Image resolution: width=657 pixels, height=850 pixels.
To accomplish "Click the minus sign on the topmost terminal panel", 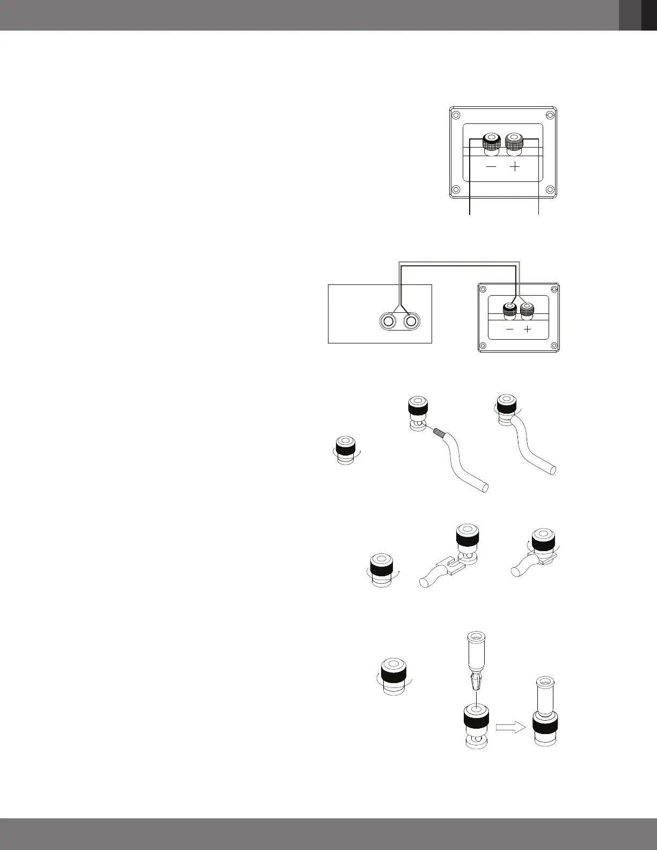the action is (491, 167).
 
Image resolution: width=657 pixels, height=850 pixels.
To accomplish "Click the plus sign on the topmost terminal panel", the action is (514, 167).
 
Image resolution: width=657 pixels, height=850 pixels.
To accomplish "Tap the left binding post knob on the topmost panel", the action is (491, 142).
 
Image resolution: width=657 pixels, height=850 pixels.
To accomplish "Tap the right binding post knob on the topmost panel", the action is (514, 142).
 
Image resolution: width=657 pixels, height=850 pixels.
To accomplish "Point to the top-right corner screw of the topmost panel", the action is (549, 115).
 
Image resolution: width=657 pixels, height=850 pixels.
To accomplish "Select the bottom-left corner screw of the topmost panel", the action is (456, 189).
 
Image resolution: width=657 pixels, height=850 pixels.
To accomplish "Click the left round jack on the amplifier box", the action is (388, 321).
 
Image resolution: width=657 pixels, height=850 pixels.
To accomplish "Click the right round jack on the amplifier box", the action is (412, 321).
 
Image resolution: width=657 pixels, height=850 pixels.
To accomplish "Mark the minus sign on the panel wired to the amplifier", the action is (509, 329).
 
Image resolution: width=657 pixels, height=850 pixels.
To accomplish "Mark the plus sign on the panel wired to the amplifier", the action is (528, 329).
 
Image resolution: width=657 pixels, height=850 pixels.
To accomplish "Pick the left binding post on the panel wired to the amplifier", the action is (509, 309).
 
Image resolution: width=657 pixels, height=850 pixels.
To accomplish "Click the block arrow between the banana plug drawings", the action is (510, 728).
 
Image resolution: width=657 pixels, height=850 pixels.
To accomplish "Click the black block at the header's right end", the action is (649, 15).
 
